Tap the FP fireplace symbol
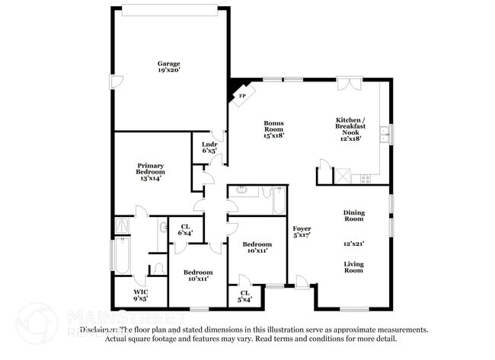point(242,96)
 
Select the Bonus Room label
point(274,129)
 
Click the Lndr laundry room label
point(209,147)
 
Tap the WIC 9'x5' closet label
point(140,295)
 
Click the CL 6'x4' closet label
point(185,228)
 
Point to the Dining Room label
point(353,216)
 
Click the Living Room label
point(353,267)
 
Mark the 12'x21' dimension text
point(353,244)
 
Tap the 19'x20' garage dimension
point(168,70)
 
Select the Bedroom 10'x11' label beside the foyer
point(257,247)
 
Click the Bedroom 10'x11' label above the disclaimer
point(198,275)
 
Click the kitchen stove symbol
point(365,178)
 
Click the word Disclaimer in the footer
point(100,330)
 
